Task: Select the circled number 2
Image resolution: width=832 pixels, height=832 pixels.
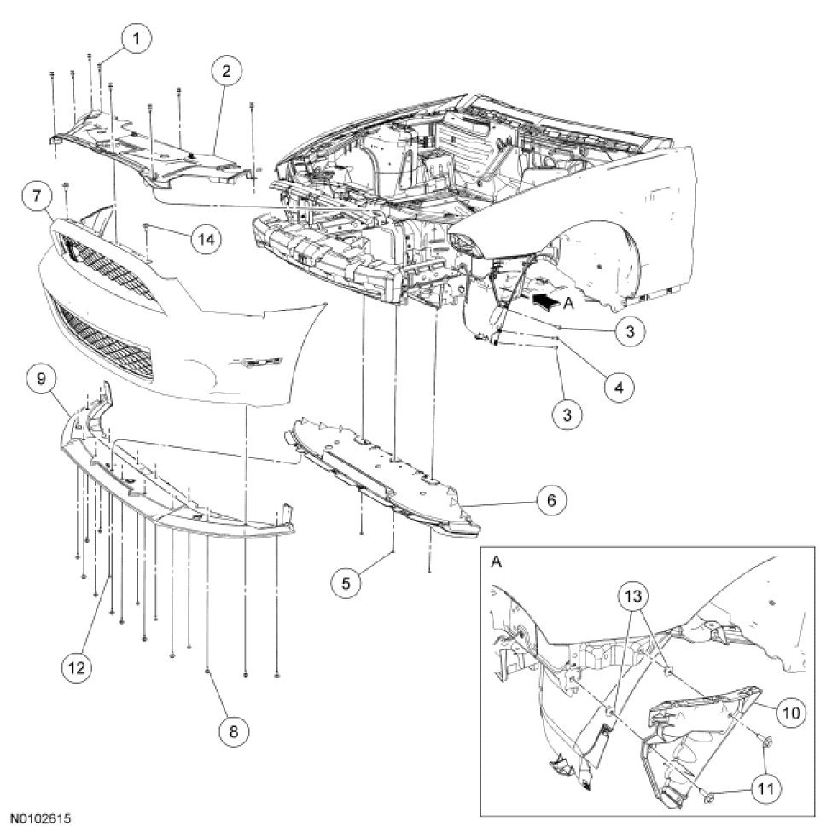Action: (x=226, y=72)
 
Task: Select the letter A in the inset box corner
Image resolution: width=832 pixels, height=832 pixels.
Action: (x=497, y=562)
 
